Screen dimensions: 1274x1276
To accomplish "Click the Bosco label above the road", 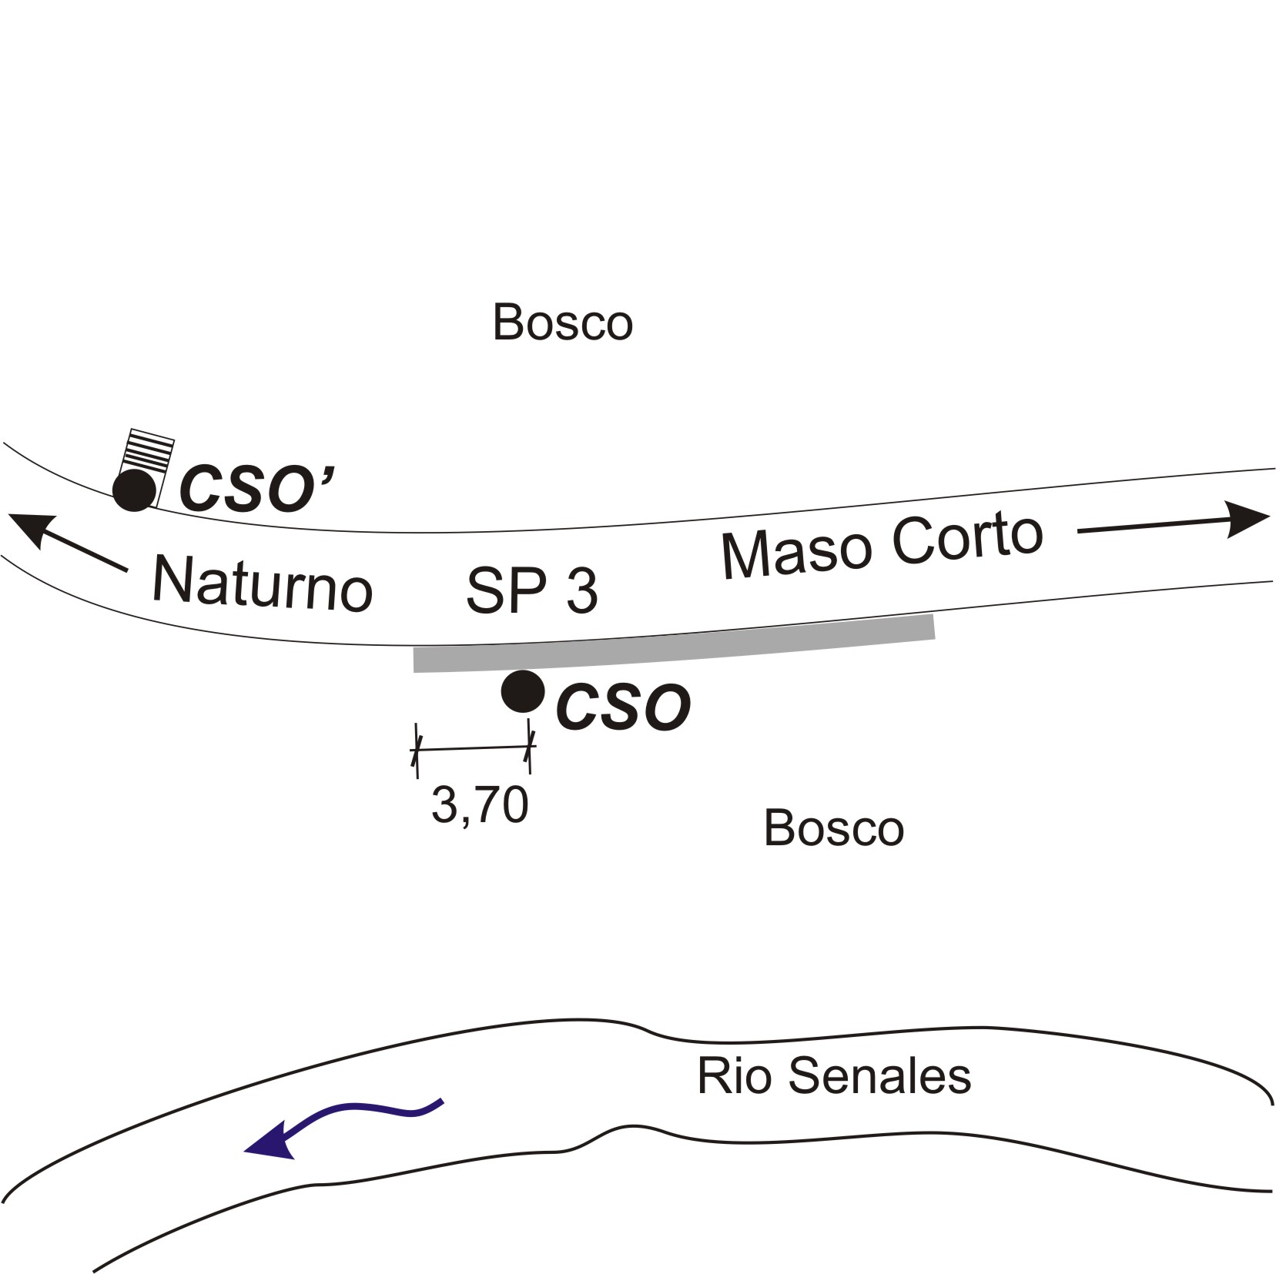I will click(562, 323).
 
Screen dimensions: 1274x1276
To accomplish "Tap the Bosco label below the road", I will click(833, 828).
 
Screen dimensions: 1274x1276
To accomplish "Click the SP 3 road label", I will click(531, 591).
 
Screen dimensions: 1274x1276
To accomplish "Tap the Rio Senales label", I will click(833, 1075).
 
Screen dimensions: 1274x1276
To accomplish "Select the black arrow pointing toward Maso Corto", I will click(1171, 523).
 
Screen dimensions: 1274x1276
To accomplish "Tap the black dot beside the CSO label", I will click(523, 691).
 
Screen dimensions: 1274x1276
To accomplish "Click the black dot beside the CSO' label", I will click(135, 489).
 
